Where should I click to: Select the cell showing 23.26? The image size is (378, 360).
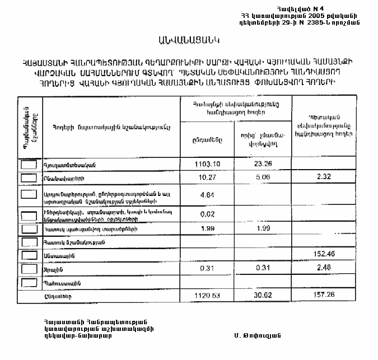pyautogui.click(x=262, y=164)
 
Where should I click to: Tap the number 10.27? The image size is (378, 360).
pyautogui.click(x=207, y=177)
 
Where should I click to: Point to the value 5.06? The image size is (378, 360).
pyautogui.click(x=262, y=177)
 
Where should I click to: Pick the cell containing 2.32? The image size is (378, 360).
pyautogui.click(x=324, y=177)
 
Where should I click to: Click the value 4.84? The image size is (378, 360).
pyautogui.click(x=207, y=196)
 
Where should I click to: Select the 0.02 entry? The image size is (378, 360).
pyautogui.click(x=207, y=214)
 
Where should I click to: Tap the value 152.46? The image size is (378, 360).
pyautogui.click(x=324, y=255)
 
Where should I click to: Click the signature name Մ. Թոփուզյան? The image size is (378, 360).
pyautogui.click(x=258, y=335)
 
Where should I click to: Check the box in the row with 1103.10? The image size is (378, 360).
pyautogui.click(x=29, y=165)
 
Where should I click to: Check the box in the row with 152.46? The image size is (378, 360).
pyautogui.click(x=29, y=255)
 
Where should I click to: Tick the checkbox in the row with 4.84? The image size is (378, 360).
pyautogui.click(x=29, y=194)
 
